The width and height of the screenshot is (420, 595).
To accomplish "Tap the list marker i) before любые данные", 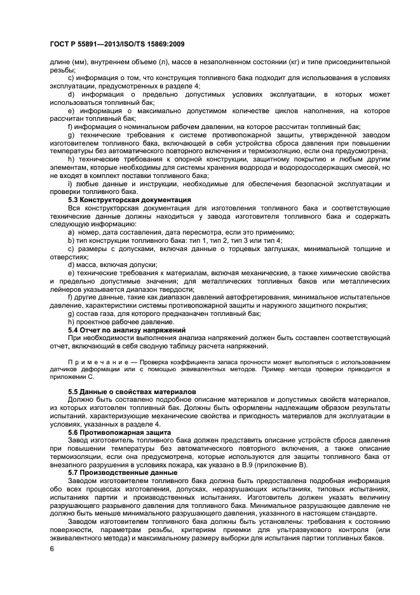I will pos(70,183).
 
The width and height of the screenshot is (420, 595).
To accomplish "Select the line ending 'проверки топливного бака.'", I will pos(93,191).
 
